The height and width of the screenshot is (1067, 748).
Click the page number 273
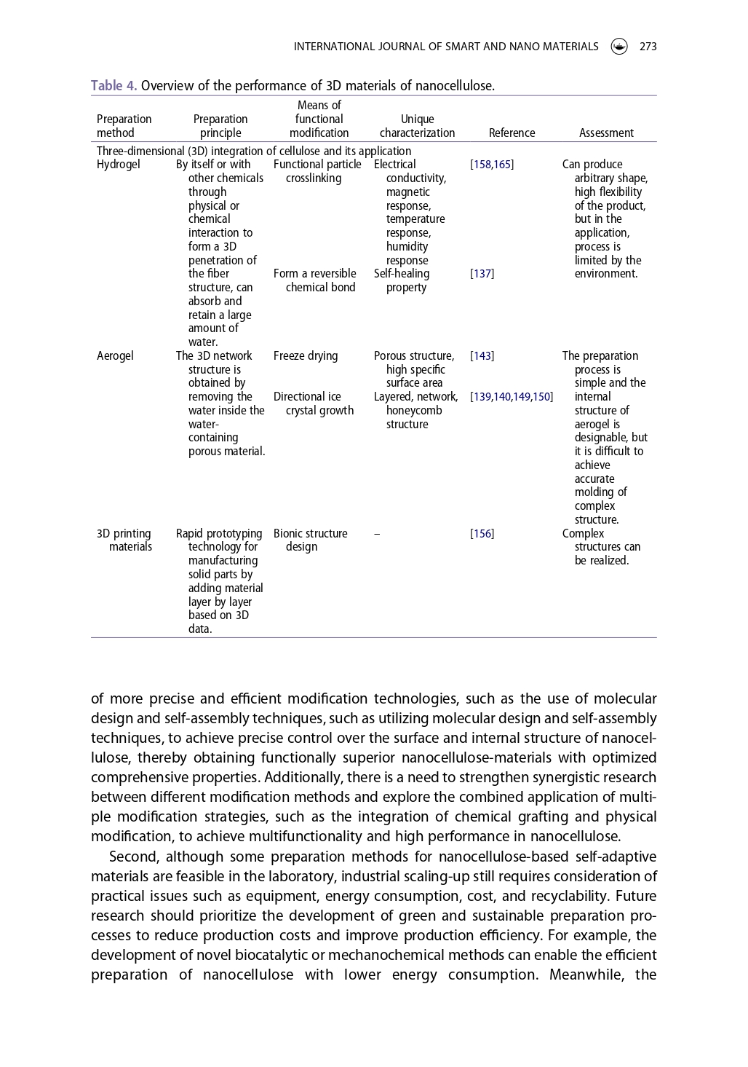(648, 47)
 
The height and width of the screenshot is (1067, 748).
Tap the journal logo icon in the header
(619, 47)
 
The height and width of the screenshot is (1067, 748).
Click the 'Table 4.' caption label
(114, 86)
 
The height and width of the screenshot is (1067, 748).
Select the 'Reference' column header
(512, 133)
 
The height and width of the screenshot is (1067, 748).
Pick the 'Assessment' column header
(606, 133)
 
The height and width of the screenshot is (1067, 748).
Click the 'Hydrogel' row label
(119, 165)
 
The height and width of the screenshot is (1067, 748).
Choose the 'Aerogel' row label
(116, 356)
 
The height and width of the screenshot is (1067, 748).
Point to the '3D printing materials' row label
(124, 540)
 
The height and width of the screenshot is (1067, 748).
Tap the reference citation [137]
(482, 274)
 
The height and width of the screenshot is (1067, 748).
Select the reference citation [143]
(482, 356)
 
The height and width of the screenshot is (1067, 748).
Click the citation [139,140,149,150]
(512, 397)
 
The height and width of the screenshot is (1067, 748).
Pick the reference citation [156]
(482, 534)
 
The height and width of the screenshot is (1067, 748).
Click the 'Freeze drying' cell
(306, 356)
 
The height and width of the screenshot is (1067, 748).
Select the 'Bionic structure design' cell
(311, 540)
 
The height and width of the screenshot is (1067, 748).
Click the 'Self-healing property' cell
(402, 280)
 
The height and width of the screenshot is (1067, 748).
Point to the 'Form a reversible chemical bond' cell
(315, 280)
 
